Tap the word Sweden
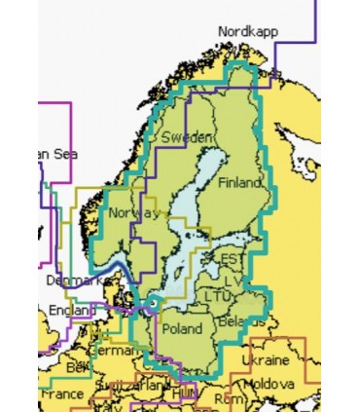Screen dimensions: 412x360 click(185, 137)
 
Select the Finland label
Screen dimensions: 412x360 click(240, 183)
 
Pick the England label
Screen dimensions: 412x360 click(68, 311)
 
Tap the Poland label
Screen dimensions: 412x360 click(182, 327)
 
